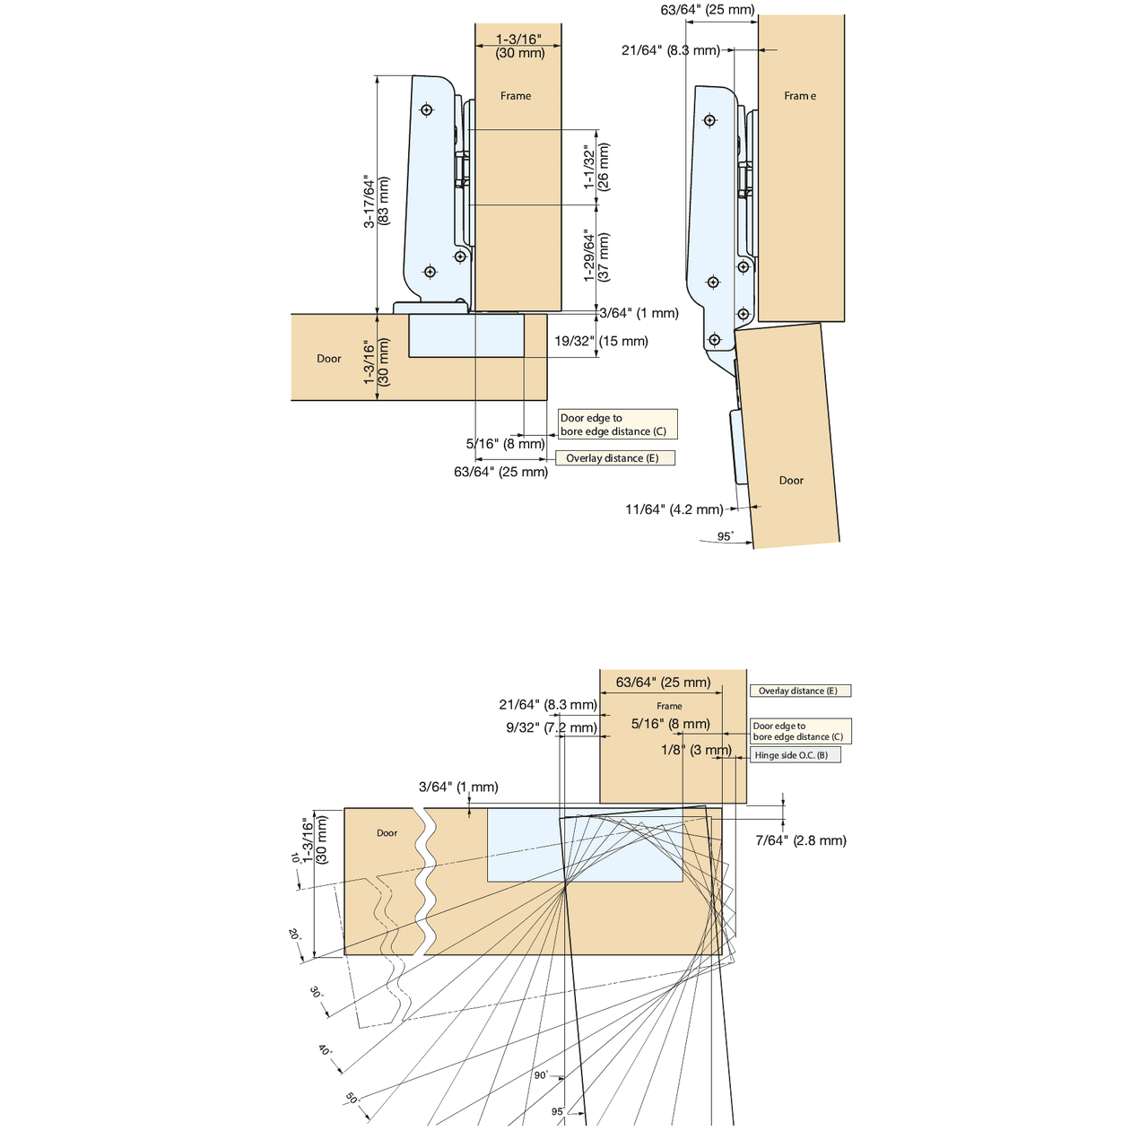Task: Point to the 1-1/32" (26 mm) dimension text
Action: point(596,167)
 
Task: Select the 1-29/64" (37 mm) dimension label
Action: point(596,257)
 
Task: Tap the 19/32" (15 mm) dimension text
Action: point(601,341)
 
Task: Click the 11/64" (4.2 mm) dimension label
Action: point(674,509)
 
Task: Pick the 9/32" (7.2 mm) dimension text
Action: point(551,727)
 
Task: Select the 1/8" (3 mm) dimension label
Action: point(696,750)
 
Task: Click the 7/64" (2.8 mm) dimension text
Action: point(801,840)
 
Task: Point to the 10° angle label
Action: point(295,858)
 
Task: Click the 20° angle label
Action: point(294,934)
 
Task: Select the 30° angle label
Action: point(316,993)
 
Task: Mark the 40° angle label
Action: point(325,1050)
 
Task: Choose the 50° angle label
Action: point(352,1099)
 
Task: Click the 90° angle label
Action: point(541,1074)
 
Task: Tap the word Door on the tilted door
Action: point(791,481)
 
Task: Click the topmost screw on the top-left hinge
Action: point(427,110)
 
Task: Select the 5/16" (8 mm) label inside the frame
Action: point(670,724)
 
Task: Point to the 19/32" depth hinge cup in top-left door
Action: point(466,335)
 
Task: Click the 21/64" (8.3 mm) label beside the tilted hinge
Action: point(670,50)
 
